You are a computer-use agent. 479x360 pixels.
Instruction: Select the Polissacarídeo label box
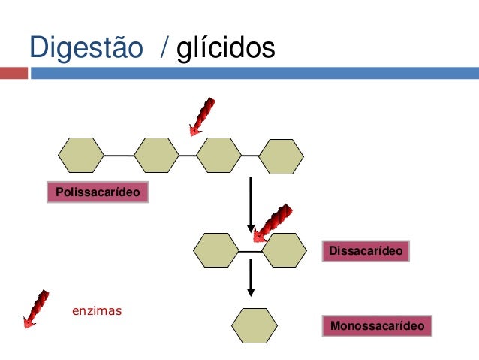(x=97, y=192)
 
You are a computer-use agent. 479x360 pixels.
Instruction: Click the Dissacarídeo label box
(x=365, y=251)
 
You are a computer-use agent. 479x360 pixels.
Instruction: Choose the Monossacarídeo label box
(x=378, y=326)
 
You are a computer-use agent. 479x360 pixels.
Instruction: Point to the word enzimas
(x=96, y=310)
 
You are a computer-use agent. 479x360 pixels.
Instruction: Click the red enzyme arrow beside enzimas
(x=35, y=309)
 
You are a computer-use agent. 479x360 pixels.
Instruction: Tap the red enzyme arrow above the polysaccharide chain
(x=202, y=116)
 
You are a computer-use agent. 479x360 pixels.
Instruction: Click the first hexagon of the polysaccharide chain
(x=80, y=155)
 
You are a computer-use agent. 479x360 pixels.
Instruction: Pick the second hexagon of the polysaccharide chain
(x=157, y=155)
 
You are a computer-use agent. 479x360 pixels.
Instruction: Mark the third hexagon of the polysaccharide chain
(x=218, y=155)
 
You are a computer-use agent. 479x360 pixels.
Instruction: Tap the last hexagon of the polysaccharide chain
(x=282, y=156)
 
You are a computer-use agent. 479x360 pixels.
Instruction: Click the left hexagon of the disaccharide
(x=216, y=250)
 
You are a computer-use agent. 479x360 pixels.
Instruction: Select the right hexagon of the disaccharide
(x=285, y=250)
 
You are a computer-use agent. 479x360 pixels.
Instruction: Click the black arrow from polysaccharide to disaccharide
(x=251, y=203)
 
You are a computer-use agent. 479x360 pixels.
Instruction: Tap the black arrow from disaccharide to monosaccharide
(x=252, y=278)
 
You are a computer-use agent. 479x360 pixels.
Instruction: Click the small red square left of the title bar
(x=14, y=74)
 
